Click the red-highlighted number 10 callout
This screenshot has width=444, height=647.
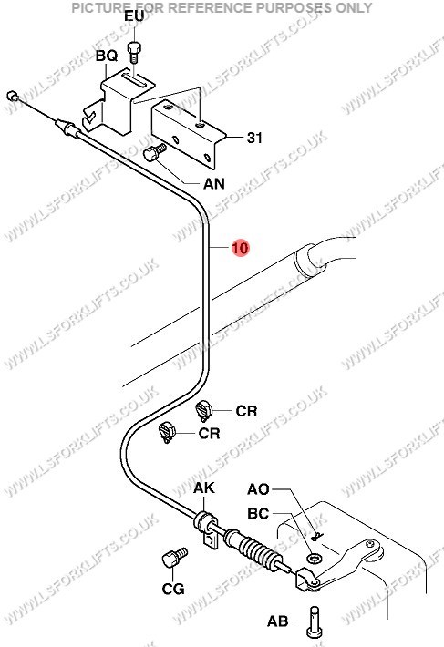point(240,248)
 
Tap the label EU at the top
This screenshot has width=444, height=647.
point(135,16)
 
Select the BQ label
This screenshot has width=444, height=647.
point(107,56)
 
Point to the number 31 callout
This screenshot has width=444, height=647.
point(254,138)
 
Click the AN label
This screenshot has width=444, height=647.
point(214,183)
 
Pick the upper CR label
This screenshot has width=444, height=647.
point(246,411)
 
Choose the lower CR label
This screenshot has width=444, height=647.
point(209,433)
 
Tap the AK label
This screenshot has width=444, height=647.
point(204,488)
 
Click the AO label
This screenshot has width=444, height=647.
point(258,489)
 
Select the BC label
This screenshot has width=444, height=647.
point(258,513)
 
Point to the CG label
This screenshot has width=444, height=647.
point(173,589)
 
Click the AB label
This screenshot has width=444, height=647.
point(278,621)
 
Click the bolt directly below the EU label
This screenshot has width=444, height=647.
point(134,53)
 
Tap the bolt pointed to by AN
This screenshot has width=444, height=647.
point(155,152)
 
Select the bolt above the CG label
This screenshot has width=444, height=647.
point(174,558)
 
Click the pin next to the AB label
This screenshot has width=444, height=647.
point(315,621)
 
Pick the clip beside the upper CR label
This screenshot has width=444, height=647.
point(203,411)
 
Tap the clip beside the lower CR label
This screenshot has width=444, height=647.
point(167,432)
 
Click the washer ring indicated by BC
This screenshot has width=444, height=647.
point(314,559)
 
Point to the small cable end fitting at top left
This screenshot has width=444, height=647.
point(13,96)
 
